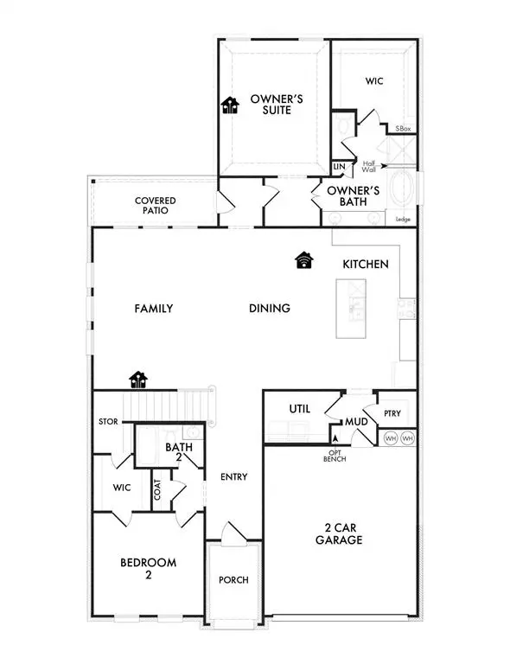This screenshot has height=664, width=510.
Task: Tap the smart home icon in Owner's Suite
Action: (x=230, y=105)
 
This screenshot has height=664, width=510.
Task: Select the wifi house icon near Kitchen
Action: (x=303, y=259)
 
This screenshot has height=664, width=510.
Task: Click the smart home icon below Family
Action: (x=138, y=379)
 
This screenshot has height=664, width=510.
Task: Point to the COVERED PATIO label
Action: (x=156, y=205)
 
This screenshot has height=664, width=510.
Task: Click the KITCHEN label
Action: (x=365, y=265)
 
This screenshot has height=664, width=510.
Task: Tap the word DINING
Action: (x=269, y=309)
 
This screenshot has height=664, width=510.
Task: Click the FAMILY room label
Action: (x=154, y=309)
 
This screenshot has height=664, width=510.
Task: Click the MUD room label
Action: (x=357, y=423)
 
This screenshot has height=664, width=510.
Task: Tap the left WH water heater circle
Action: (x=390, y=438)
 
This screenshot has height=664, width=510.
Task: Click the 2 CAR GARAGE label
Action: (x=338, y=533)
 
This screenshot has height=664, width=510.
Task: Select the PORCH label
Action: (x=233, y=579)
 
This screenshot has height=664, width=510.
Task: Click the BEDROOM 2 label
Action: (x=147, y=568)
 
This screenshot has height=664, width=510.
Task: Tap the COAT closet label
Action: (x=157, y=491)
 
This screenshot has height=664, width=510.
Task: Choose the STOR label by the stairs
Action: (x=107, y=423)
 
